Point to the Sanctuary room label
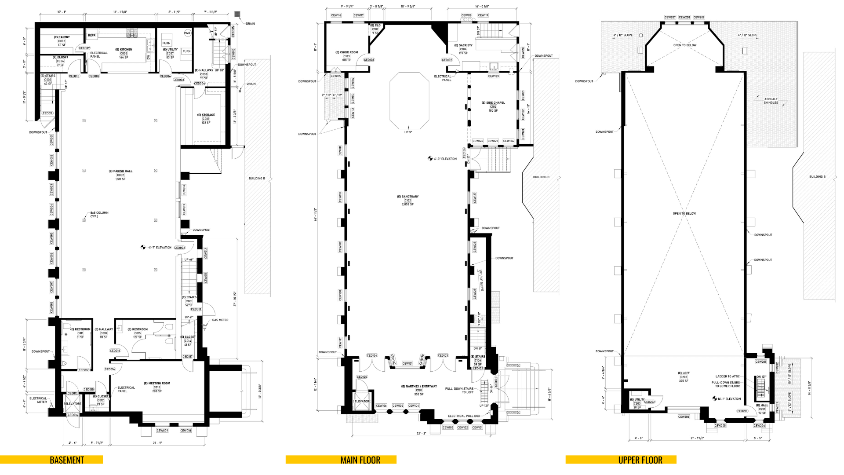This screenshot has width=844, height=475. (x=408, y=197)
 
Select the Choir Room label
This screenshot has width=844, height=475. (x=347, y=52)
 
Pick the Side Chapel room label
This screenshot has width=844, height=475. (x=495, y=103)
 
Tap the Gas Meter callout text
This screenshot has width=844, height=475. (x=220, y=320)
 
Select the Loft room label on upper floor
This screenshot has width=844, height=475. (x=684, y=373)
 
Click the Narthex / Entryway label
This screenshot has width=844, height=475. (x=419, y=387)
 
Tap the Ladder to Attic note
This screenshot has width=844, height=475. (x=728, y=376)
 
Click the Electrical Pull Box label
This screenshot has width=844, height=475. (x=464, y=416)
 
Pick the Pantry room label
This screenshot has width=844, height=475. (x=62, y=37)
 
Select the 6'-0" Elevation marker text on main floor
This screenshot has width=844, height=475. (x=445, y=159)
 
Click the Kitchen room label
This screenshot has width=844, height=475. (x=124, y=50)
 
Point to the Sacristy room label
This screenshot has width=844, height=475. (x=463, y=45)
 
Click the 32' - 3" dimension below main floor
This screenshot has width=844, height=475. (x=421, y=434)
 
